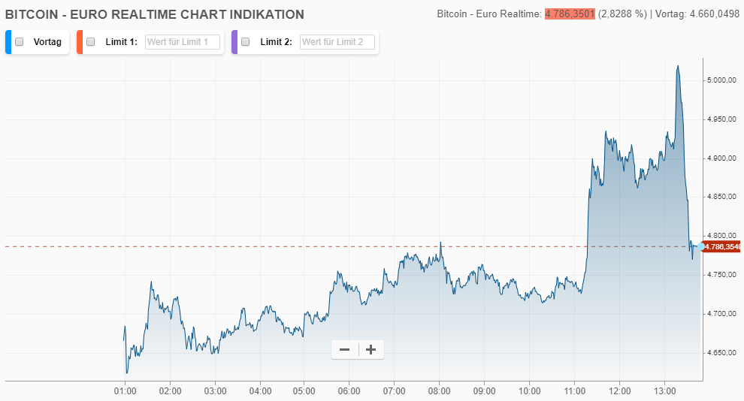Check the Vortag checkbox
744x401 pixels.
[20, 42]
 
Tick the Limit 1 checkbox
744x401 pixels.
[90, 42]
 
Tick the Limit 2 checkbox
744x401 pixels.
[245, 42]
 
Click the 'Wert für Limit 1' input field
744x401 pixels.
[183, 42]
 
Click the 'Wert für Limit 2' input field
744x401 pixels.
[337, 42]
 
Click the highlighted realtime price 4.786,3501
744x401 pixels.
[570, 14]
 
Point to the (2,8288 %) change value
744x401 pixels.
[622, 14]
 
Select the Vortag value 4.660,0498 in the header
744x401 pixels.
[714, 14]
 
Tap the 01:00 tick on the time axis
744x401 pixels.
[125, 391]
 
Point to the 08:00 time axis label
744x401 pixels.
[440, 391]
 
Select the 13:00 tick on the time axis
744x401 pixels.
[664, 391]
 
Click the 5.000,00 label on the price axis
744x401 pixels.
[721, 80]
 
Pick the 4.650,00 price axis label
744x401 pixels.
[721, 352]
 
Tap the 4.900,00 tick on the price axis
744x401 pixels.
[721, 158]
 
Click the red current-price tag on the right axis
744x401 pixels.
[722, 246]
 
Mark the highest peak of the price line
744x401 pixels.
[678, 66]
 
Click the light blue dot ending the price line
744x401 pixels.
[700, 246]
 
